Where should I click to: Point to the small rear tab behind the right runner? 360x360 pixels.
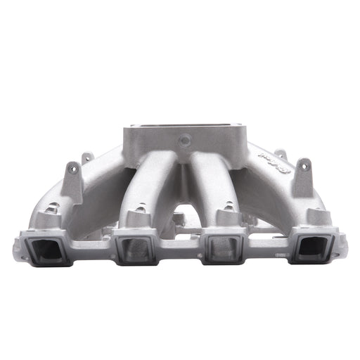coord(280,153)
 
